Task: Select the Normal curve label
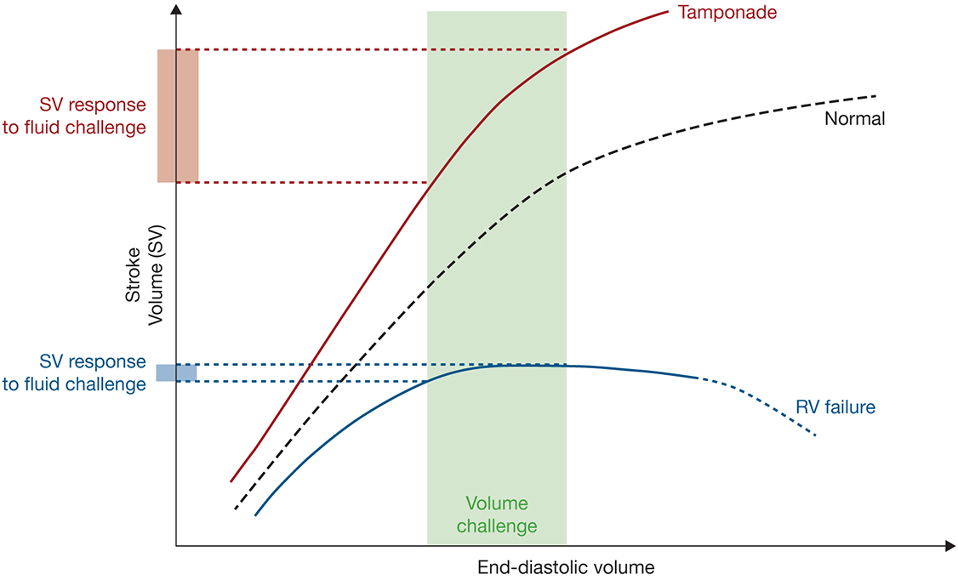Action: click(854, 119)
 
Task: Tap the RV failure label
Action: click(835, 407)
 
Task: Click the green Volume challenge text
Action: click(497, 515)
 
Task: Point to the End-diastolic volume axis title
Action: click(566, 566)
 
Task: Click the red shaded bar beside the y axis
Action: click(178, 116)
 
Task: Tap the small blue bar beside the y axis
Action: click(176, 372)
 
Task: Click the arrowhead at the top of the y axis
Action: click(176, 9)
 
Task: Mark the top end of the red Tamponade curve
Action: click(665, 12)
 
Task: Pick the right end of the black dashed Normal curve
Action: click(875, 95)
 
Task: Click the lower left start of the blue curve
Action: click(256, 515)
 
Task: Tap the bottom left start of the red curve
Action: click(231, 480)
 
